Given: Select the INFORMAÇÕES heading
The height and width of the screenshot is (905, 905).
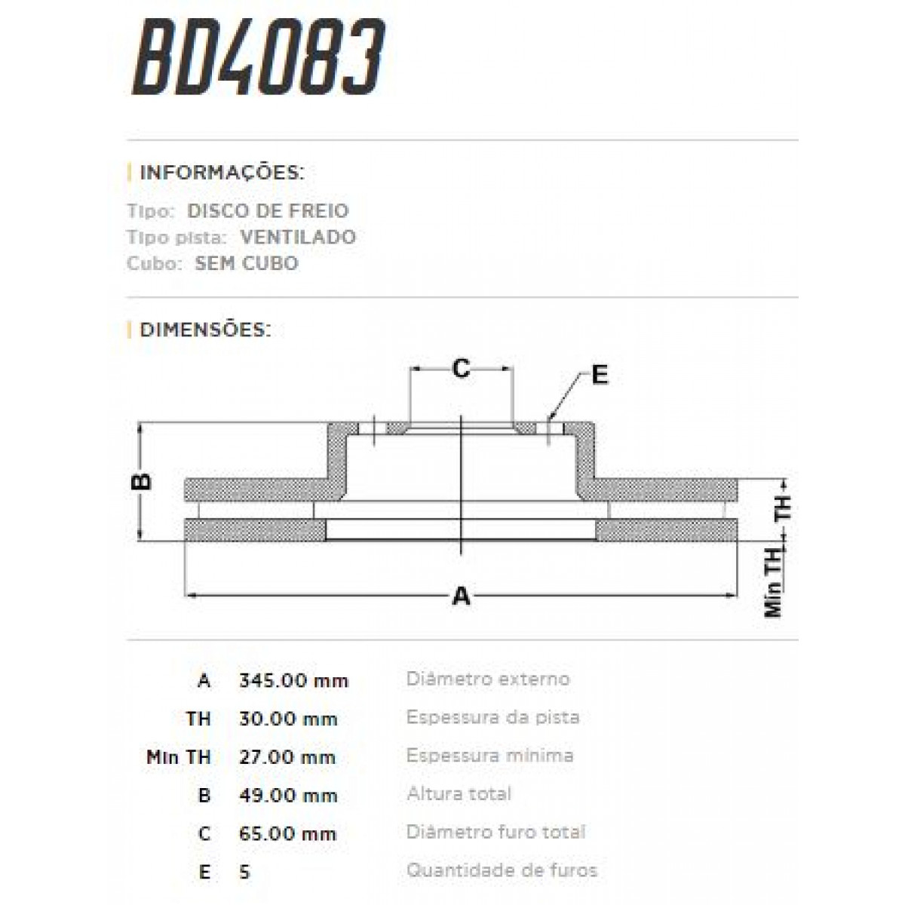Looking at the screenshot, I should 222,173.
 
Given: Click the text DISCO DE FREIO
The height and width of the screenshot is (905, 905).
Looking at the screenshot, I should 268,211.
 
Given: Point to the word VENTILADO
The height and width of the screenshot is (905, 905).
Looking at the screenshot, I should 298,237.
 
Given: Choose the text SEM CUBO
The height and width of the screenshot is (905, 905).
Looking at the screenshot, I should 247,263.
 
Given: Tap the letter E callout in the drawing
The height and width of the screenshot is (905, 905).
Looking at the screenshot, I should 600,375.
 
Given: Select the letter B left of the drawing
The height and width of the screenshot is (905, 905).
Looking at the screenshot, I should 142,481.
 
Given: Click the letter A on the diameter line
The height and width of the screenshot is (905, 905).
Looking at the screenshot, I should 461,597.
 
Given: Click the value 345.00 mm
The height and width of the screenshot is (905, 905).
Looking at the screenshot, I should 293,681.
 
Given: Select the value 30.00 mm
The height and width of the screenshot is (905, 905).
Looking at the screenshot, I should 287,719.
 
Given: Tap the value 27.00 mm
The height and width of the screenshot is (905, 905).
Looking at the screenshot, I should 287,757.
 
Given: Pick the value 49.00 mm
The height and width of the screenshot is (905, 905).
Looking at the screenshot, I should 287,796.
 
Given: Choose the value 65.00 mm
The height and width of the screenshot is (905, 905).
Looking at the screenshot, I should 287,834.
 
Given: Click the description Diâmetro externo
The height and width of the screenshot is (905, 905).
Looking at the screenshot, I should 488,679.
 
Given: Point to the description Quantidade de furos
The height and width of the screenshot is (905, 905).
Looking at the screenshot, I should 502,870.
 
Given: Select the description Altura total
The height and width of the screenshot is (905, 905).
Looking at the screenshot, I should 459,793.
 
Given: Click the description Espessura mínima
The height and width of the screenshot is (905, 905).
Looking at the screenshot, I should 489,756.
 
